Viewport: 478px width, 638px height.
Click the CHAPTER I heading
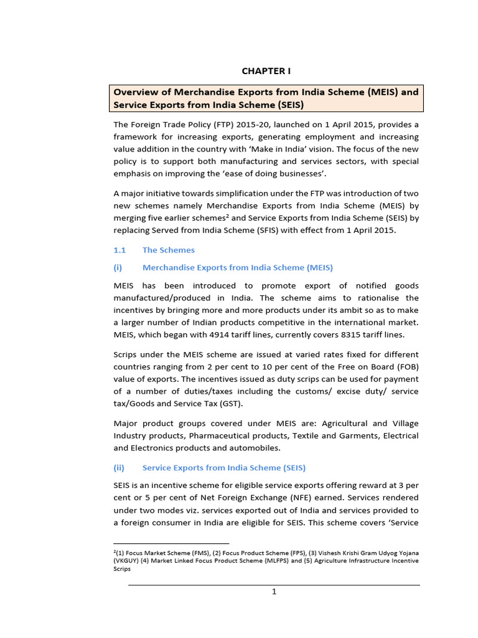click(266, 71)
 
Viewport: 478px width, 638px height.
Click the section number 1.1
click(119, 250)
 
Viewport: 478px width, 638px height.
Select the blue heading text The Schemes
click(168, 250)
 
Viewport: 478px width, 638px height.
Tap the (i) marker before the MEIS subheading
click(118, 267)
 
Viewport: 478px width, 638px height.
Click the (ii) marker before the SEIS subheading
click(119, 467)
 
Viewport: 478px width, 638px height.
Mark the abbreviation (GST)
click(229, 403)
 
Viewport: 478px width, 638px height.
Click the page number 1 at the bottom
click(274, 592)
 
